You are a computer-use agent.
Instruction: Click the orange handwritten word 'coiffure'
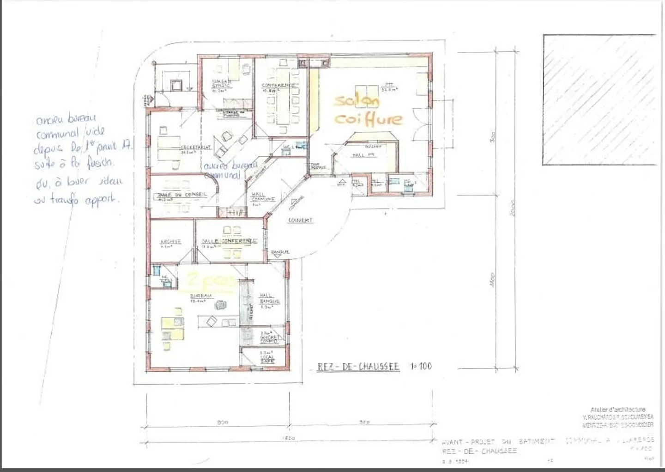[368, 119]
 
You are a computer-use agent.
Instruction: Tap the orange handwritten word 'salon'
[357, 101]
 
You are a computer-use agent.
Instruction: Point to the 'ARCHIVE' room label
[170, 242]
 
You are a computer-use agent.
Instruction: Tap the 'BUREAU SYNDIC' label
[221, 84]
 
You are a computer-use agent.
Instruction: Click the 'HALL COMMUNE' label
[263, 197]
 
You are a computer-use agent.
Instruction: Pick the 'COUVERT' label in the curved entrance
[300, 220]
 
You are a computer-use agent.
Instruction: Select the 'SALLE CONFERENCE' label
[229, 241]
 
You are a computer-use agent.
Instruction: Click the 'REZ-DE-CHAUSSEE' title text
[358, 367]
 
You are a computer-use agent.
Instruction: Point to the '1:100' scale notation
[421, 366]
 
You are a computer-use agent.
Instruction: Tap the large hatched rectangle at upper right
[599, 99]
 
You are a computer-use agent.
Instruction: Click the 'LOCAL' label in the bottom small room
[267, 357]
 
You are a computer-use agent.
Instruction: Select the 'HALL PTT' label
[363, 155]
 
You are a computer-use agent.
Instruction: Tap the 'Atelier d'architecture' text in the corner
[617, 409]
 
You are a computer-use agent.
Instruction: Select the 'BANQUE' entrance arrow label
[280, 252]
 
